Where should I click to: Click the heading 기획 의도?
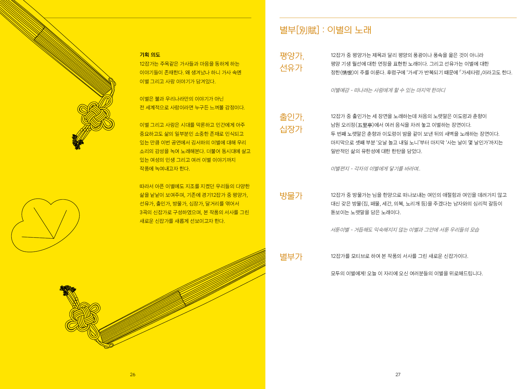point(150,55)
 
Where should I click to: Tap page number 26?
point(132,374)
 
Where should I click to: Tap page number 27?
point(398,374)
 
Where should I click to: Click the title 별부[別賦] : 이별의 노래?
point(325,30)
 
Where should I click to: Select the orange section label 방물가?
point(291,196)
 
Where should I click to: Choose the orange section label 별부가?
point(291,257)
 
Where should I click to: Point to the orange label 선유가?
point(291,68)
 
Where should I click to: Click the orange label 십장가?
point(291,129)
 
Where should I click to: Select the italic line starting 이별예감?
point(388,90)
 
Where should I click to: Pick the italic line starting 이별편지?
point(375,169)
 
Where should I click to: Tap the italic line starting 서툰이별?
point(405,230)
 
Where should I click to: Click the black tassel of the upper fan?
point(77,142)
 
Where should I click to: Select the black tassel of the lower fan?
point(67,290)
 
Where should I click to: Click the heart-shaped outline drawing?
point(45,225)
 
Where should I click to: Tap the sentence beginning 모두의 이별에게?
point(407,273)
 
